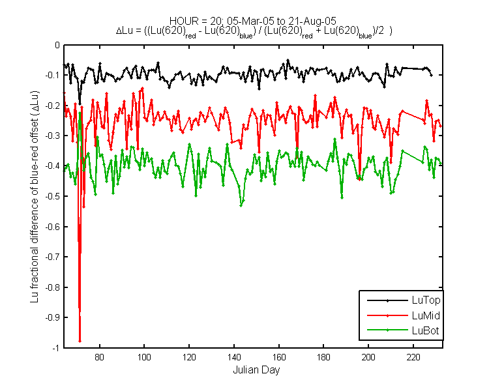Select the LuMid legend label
pos(426,315)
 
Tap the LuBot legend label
pos(425,330)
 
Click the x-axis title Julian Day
pos(256,369)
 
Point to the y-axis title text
pos(35,196)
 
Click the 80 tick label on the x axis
pos(99,357)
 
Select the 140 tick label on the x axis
pos(234,357)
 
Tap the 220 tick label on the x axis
pos(413,357)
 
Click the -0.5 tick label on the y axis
pos(52,196)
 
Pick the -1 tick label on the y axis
pos(56,347)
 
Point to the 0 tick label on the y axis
pos(57,45)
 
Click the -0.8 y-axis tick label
pos(52,287)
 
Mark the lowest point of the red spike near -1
pos(80,341)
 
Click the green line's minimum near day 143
pos(241,205)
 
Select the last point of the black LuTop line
pos(432,75)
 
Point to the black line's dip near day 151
pos(259,89)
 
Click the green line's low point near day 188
pos(342,198)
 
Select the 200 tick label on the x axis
pos(368,357)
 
